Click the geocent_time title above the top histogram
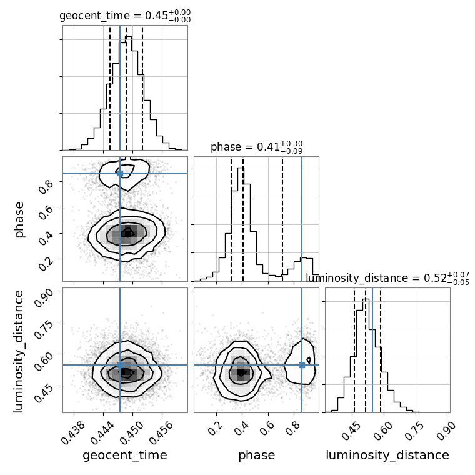tap(125, 16)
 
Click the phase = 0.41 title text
tap(256, 147)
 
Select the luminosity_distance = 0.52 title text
tap(387, 277)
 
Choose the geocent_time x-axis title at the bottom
tap(125, 456)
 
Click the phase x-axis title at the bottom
tap(256, 456)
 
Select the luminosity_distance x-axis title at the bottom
tap(387, 456)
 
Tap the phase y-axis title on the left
tap(19, 219)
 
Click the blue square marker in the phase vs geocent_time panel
tap(120, 173)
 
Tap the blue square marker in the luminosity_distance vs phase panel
tap(302, 365)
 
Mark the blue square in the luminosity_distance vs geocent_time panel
tap(120, 365)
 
